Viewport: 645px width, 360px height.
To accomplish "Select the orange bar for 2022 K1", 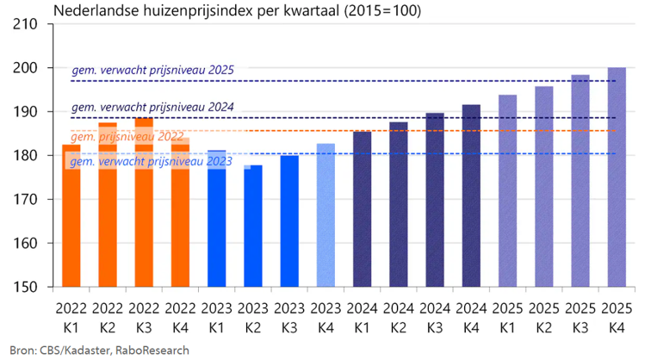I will [x=71, y=224].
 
